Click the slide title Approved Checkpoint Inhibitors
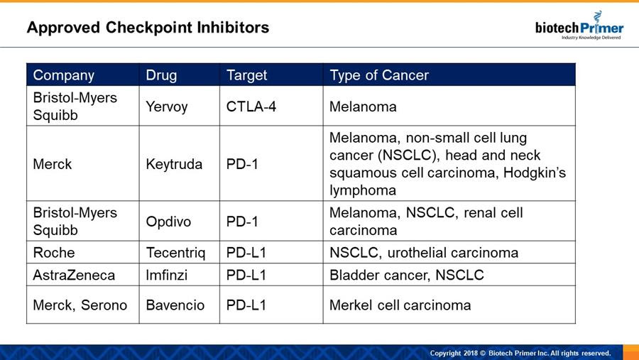[148, 28]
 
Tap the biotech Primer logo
[579, 26]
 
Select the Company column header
[64, 75]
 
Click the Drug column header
[161, 75]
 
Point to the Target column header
[246, 75]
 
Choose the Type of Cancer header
[379, 75]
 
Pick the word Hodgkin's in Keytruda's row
[535, 173]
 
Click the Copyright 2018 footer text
[520, 353]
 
